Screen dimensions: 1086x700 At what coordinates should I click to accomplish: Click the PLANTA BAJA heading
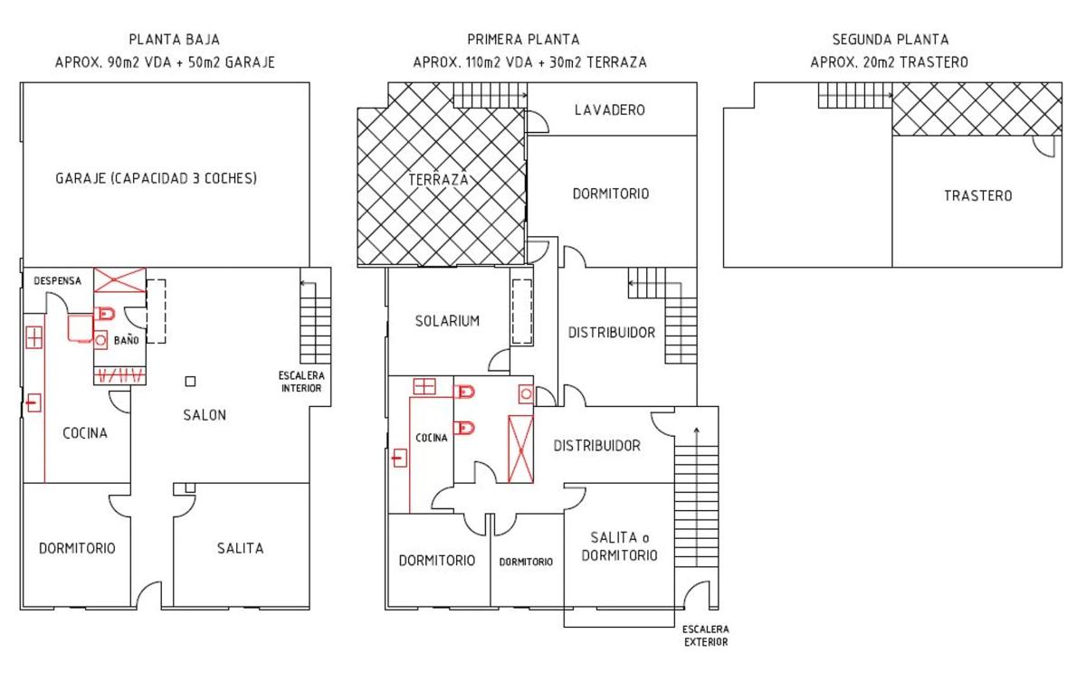pyautogui.click(x=175, y=39)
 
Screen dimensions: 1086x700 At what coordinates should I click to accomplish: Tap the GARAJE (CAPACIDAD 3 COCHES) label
pyautogui.click(x=156, y=178)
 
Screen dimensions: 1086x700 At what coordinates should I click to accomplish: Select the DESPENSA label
pyautogui.click(x=57, y=280)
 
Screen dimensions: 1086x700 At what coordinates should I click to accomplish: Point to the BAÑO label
pyautogui.click(x=126, y=340)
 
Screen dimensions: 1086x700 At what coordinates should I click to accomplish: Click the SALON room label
pyautogui.click(x=205, y=415)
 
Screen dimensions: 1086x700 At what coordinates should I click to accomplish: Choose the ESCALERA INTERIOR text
pyautogui.click(x=301, y=382)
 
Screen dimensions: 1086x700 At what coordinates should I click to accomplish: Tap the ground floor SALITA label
pyautogui.click(x=241, y=548)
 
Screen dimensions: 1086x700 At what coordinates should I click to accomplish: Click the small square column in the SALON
pyautogui.click(x=191, y=382)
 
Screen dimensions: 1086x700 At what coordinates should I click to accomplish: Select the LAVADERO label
pyautogui.click(x=610, y=110)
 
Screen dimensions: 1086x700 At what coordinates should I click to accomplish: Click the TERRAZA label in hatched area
pyautogui.click(x=438, y=180)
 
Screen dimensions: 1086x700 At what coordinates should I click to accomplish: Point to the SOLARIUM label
pyautogui.click(x=447, y=321)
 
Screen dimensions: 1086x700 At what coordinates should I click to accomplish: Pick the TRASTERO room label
pyautogui.click(x=978, y=195)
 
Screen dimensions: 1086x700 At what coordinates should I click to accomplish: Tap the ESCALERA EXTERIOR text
pyautogui.click(x=706, y=636)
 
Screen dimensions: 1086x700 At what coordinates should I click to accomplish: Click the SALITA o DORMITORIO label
pyautogui.click(x=620, y=546)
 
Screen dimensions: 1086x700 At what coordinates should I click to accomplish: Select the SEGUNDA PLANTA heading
pyautogui.click(x=891, y=39)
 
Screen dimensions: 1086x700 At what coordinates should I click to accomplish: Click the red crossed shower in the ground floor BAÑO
pyautogui.click(x=119, y=280)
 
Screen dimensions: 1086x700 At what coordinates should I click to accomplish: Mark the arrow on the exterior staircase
pyautogui.click(x=697, y=497)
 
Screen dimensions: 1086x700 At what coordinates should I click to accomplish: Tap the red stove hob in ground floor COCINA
pyautogui.click(x=34, y=337)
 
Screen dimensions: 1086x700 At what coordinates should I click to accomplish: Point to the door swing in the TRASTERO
pyautogui.click(x=1043, y=146)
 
